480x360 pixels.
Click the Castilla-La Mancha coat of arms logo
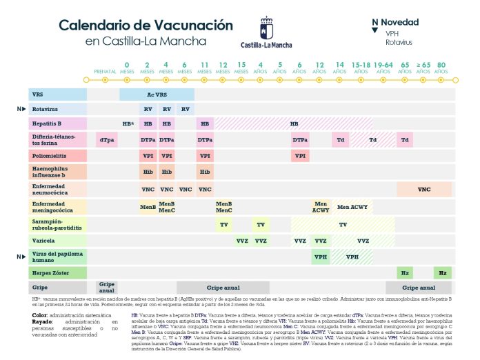[x=266, y=30]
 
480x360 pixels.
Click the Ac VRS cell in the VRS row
[x=157, y=94]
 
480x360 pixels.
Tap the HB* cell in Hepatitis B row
[x=128, y=123]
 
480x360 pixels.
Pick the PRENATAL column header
[x=105, y=70]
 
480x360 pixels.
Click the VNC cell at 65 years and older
[x=424, y=189]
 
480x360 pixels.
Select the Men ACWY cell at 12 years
[x=321, y=206]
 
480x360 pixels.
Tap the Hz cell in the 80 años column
[x=443, y=273]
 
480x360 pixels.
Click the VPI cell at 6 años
[x=300, y=157]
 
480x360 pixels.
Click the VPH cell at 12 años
[x=321, y=257]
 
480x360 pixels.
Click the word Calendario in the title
[x=100, y=26]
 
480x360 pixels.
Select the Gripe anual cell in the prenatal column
[x=106, y=287]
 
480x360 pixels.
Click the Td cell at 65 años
[x=406, y=140]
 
